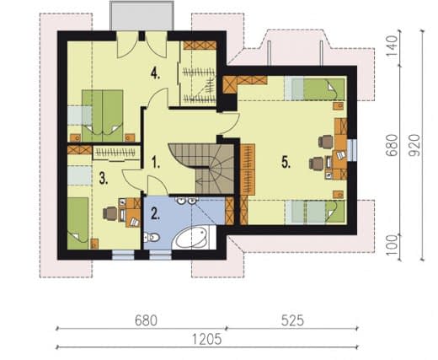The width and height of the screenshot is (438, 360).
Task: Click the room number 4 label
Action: click(155, 74)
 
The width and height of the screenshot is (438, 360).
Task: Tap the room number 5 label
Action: click(286, 163)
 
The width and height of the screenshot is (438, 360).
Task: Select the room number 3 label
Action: click(104, 179)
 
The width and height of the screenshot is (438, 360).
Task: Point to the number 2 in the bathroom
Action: click(155, 213)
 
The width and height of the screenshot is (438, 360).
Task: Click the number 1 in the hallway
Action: click(155, 163)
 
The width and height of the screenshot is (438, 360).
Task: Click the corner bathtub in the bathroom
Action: click(193, 238)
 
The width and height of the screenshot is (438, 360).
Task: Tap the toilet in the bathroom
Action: click(151, 238)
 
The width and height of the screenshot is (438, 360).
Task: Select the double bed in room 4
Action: click(103, 116)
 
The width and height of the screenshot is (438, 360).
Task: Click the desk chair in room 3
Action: click(109, 213)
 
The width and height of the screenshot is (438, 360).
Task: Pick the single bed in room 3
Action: click(77, 223)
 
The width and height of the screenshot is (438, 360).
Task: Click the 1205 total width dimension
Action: click(207, 339)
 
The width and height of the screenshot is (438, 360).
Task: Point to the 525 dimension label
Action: click(292, 320)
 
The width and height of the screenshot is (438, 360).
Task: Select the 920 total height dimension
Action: click(414, 145)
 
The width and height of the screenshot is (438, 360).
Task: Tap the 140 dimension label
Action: click(392, 46)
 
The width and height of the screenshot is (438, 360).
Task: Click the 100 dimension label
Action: click(393, 245)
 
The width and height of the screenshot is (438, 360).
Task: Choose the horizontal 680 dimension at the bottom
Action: click(146, 320)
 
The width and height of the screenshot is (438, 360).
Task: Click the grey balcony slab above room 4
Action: click(142, 15)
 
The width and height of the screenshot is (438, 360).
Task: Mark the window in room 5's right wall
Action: click(352, 150)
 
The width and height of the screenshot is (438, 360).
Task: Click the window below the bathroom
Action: click(160, 255)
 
